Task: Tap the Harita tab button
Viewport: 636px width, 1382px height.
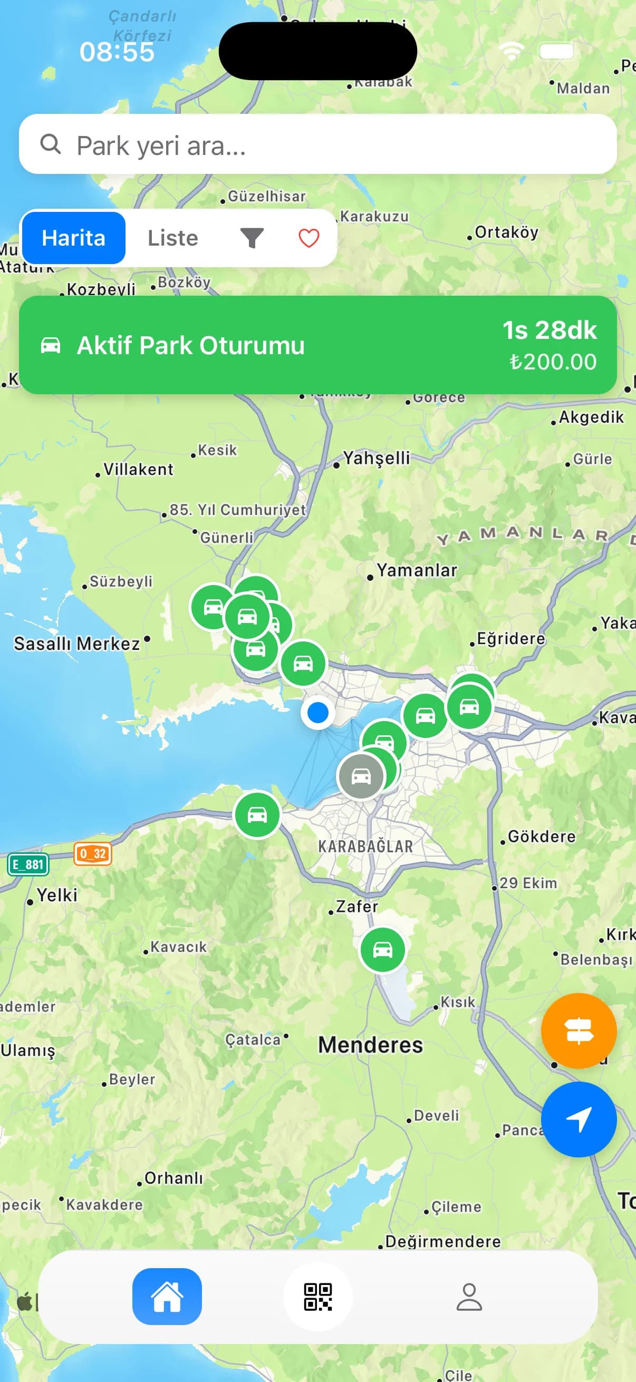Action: pos(73,238)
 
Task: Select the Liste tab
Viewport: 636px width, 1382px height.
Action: pos(173,238)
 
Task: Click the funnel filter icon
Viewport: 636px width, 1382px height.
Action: pos(251,238)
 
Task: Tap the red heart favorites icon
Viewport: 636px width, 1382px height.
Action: pos(309,238)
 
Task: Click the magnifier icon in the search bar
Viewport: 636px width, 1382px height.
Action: pos(51,144)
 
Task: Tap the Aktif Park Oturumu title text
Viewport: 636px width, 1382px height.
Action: pos(190,345)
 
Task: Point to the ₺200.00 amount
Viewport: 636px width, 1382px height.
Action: pos(553,362)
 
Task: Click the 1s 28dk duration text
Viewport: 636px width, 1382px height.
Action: pos(549,330)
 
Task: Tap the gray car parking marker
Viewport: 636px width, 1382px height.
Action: pos(361,776)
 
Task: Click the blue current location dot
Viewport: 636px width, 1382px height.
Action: pos(317,713)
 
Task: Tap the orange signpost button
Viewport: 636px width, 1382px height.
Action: pos(579,1030)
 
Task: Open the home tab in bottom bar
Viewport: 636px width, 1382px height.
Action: pos(167,1296)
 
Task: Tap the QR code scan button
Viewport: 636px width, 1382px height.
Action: pos(317,1296)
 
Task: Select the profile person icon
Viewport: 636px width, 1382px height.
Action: pos(469,1296)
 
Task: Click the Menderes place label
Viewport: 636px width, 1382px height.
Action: pos(370,1045)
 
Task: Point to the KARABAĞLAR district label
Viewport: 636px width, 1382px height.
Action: pos(365,846)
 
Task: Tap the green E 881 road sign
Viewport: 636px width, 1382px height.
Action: pos(28,864)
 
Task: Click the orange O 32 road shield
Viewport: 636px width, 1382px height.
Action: pos(93,853)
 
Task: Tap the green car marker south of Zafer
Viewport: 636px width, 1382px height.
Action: pos(383,950)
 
